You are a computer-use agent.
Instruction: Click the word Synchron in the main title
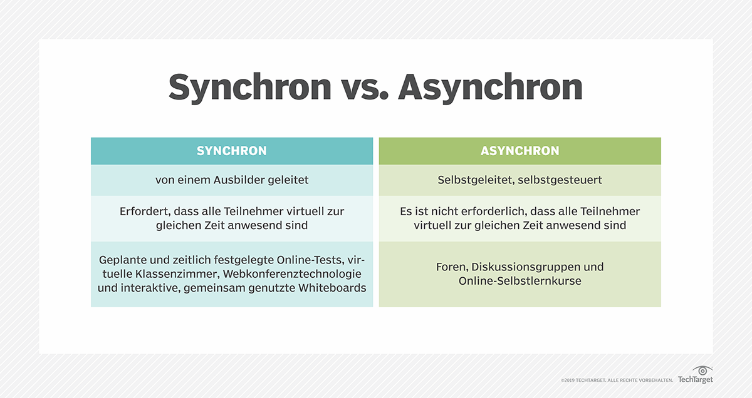coord(250,88)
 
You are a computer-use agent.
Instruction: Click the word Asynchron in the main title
coord(490,88)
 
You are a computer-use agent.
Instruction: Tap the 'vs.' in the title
coord(365,89)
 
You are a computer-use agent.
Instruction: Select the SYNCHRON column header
coord(232,151)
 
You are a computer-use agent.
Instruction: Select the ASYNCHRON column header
coord(520,151)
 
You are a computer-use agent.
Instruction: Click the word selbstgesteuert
coord(560,180)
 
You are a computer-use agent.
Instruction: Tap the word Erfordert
coord(145,212)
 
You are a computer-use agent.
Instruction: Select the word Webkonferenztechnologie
coord(292,274)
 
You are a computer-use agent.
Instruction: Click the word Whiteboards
coord(332,288)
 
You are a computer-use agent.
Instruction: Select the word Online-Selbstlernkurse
coord(520,281)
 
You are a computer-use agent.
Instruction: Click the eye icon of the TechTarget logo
coord(702,370)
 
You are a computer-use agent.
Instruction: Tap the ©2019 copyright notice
coord(617,380)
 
